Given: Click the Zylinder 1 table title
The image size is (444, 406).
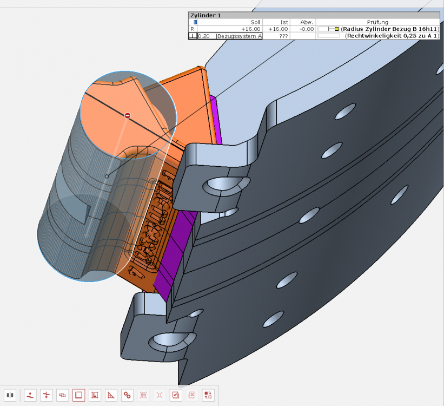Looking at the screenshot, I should (x=206, y=16).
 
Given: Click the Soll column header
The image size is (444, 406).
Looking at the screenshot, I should (x=255, y=22).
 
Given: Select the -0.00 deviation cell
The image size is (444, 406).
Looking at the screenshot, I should (x=307, y=29).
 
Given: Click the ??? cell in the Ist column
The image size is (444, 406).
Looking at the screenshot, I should (x=283, y=36).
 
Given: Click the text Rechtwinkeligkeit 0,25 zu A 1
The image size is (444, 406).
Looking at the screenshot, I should (x=393, y=36).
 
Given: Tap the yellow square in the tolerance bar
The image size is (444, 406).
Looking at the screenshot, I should (x=336, y=29).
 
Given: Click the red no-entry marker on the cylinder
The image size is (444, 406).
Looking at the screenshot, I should (x=128, y=115).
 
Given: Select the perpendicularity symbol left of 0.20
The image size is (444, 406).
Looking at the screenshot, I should (x=193, y=36).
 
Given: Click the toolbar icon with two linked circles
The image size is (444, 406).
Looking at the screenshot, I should (x=127, y=395).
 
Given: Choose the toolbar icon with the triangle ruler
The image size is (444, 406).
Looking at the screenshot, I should (x=111, y=395).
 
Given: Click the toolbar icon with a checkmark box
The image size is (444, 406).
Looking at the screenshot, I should (x=176, y=395).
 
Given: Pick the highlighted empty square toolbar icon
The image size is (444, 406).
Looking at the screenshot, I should (x=78, y=395).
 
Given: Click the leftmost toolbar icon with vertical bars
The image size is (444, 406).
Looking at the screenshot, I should (x=10, y=395).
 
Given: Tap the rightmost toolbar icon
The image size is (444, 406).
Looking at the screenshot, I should (x=208, y=395).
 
